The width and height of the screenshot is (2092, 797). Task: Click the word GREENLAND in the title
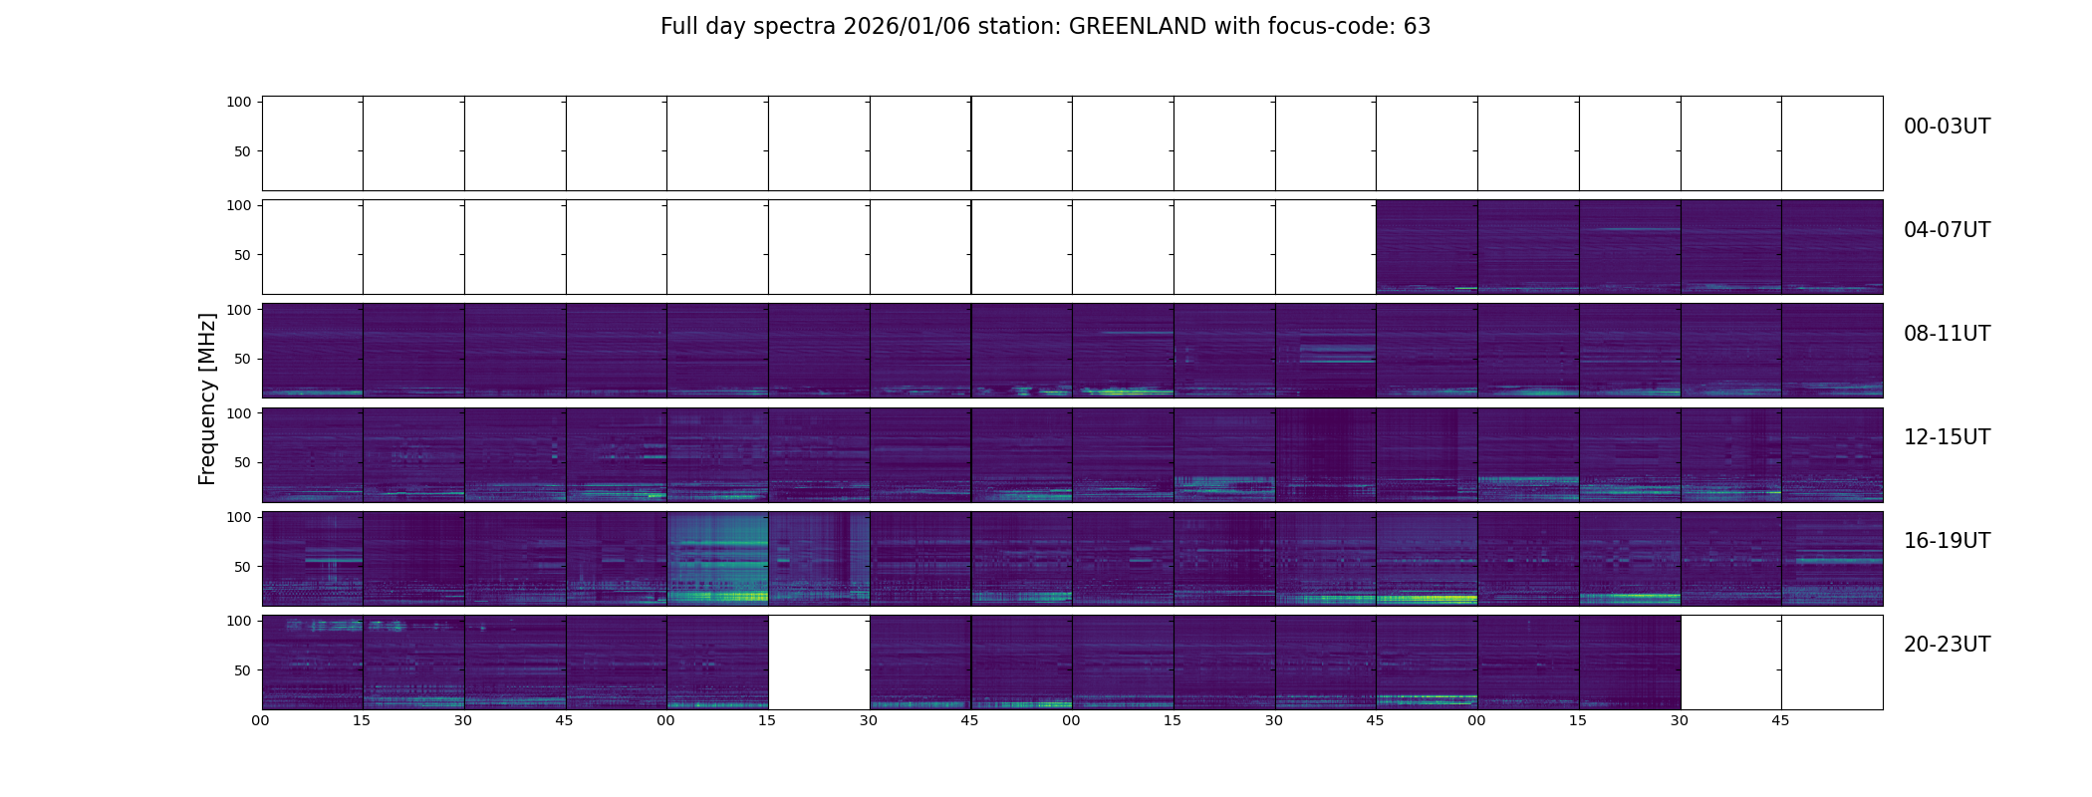pyautogui.click(x=1138, y=27)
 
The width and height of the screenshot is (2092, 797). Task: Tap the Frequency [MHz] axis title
pyautogui.click(x=207, y=398)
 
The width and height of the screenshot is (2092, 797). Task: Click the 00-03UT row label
pyautogui.click(x=1947, y=127)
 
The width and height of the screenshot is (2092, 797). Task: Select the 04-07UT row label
pyautogui.click(x=1947, y=230)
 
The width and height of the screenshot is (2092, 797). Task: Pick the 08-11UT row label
pyautogui.click(x=1947, y=334)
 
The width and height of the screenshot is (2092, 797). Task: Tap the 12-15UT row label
pyautogui.click(x=1947, y=437)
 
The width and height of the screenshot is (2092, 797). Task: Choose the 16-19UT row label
pyautogui.click(x=1947, y=541)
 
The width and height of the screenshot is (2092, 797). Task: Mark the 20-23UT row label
pyautogui.click(x=1947, y=645)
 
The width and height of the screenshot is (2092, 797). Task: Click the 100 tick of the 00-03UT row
pyautogui.click(x=239, y=102)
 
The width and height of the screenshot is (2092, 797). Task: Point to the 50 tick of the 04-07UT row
pyautogui.click(x=243, y=255)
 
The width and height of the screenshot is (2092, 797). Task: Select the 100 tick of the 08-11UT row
pyautogui.click(x=239, y=309)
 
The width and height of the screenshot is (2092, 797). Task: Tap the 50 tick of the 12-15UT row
pyautogui.click(x=243, y=462)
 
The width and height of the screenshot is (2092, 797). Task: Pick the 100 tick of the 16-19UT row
pyautogui.click(x=239, y=516)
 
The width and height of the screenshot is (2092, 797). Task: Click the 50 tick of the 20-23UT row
pyautogui.click(x=243, y=670)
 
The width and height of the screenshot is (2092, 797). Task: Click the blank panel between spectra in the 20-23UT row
pyautogui.click(x=818, y=663)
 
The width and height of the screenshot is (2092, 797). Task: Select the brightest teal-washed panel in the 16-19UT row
pyautogui.click(x=717, y=559)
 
